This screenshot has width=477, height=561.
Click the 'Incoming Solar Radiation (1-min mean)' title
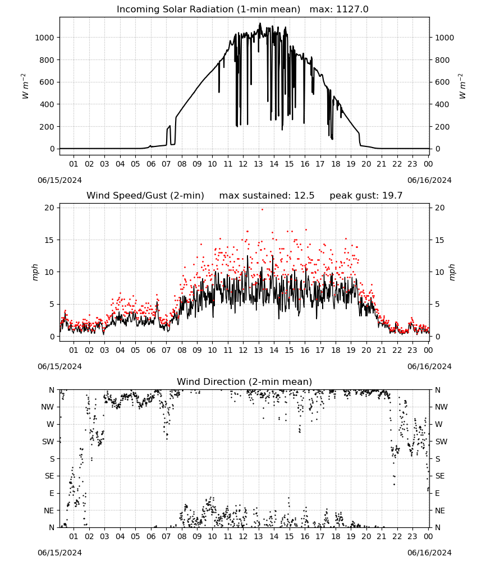(x=208, y=10)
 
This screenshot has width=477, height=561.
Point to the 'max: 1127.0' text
(x=339, y=10)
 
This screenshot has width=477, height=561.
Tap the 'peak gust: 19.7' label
(x=366, y=196)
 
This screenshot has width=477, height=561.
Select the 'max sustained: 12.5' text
(x=267, y=196)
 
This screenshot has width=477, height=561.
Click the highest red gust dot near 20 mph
(x=262, y=210)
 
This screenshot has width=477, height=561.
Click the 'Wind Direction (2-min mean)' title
(x=245, y=381)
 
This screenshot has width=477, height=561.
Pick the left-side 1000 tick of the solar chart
(x=44, y=38)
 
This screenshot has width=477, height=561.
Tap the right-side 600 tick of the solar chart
(x=442, y=82)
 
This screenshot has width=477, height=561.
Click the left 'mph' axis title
(x=35, y=272)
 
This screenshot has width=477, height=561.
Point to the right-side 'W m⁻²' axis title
(x=462, y=86)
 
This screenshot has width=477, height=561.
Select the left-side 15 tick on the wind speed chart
(x=49, y=240)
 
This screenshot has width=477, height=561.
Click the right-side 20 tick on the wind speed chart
(x=440, y=208)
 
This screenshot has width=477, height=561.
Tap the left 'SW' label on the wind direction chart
(x=48, y=442)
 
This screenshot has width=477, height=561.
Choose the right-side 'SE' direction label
(x=440, y=476)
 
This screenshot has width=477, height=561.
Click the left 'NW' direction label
(x=47, y=407)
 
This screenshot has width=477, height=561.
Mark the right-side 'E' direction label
(x=437, y=493)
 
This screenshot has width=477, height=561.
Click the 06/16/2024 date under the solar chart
(x=429, y=180)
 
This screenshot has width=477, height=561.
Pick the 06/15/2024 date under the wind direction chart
(x=59, y=553)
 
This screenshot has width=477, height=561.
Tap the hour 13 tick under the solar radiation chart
(x=258, y=164)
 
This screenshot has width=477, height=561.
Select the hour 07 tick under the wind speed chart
(x=166, y=350)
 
